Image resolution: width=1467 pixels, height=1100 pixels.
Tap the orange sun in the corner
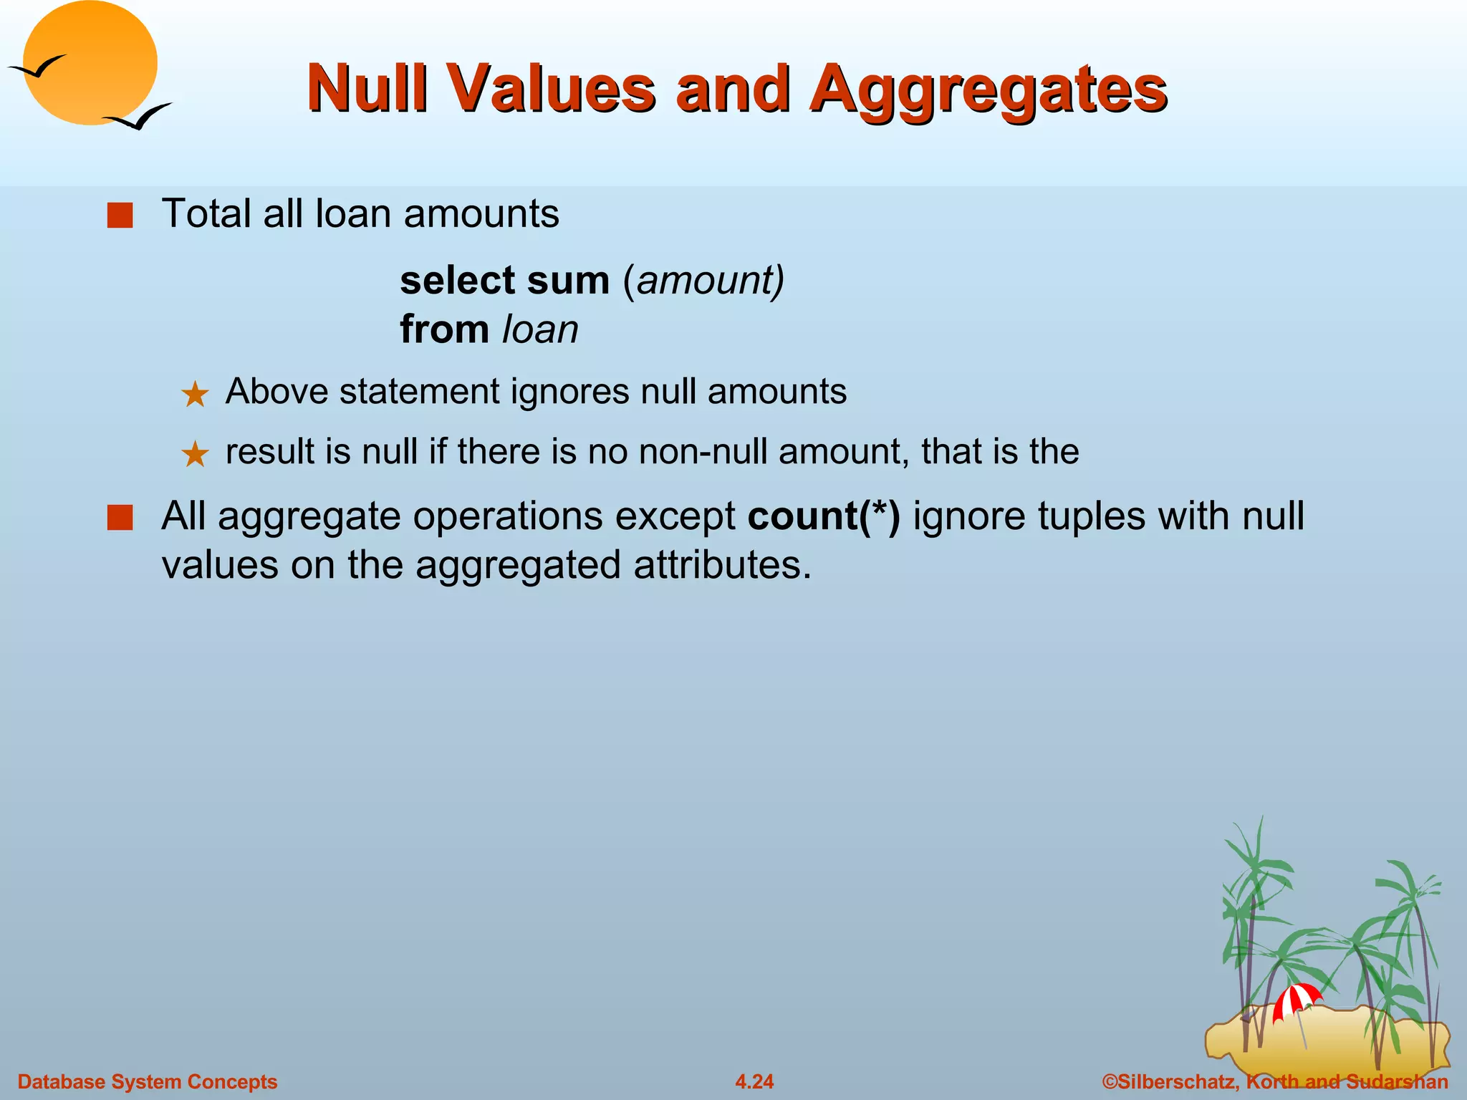(91, 63)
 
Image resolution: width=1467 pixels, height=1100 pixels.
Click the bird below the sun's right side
(140, 117)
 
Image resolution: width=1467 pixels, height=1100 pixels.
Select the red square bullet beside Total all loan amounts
(120, 216)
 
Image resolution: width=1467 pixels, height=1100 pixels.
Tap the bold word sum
(567, 280)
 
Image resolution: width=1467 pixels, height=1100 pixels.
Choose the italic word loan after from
(540, 329)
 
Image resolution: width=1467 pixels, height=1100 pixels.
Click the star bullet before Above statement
(195, 395)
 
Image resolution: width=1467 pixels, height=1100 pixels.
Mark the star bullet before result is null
(195, 455)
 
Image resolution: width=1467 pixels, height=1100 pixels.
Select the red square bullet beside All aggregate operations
(120, 517)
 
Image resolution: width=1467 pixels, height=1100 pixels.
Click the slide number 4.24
(754, 1081)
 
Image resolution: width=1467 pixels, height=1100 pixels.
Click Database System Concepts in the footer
(147, 1081)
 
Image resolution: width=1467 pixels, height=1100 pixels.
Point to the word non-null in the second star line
(703, 452)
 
